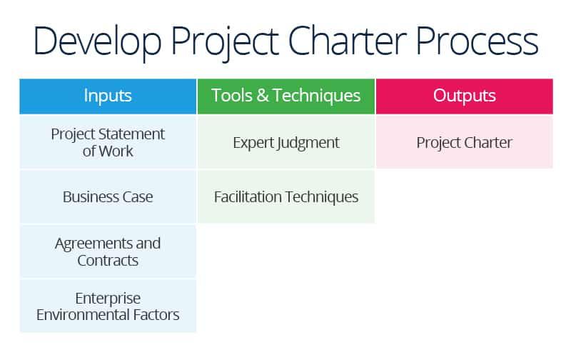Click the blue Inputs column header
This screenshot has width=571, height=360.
(108, 96)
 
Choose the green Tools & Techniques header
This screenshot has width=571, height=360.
(285, 96)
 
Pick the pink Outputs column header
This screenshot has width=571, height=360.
(464, 96)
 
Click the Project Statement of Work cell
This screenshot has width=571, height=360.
(108, 142)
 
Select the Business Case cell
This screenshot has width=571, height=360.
(108, 196)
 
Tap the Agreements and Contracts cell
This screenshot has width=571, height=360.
(108, 251)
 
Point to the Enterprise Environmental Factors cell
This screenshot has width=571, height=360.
(108, 306)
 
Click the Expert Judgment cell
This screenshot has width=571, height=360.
(285, 142)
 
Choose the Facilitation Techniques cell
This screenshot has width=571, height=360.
(285, 196)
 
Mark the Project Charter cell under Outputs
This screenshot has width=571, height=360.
(464, 142)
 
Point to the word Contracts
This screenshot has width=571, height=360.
(108, 260)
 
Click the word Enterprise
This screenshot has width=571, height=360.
(108, 298)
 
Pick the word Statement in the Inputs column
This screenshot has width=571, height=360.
(133, 134)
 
